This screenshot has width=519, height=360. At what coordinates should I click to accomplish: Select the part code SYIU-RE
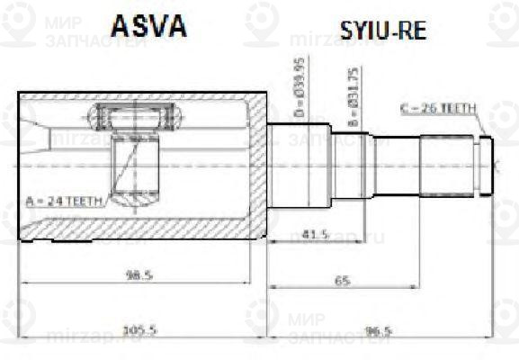click(383, 31)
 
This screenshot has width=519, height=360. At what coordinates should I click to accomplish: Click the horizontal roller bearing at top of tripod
click(135, 118)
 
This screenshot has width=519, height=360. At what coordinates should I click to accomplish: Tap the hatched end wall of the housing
click(258, 166)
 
